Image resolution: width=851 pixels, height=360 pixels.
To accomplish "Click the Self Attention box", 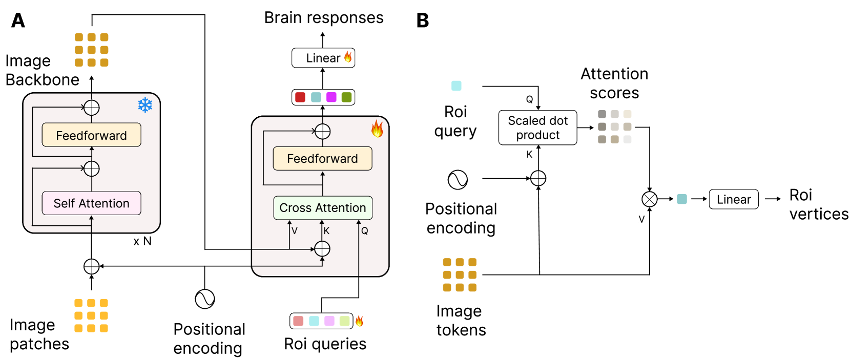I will click(x=91, y=203).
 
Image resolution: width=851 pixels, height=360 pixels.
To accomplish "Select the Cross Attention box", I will click(x=322, y=208).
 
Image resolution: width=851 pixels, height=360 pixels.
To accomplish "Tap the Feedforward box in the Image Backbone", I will click(x=91, y=135).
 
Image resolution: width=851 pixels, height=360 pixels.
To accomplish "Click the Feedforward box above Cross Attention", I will click(x=322, y=159).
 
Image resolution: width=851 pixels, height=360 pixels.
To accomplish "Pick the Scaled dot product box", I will click(x=537, y=128).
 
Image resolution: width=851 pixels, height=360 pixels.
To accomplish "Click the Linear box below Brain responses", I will click(x=323, y=58).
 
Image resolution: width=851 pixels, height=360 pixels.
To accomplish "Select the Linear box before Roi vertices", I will click(x=733, y=199).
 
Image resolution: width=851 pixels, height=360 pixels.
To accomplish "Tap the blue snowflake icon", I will click(x=145, y=105).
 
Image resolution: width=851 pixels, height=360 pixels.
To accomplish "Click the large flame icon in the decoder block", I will click(x=377, y=129).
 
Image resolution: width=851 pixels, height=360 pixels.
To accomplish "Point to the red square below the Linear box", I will click(x=300, y=97).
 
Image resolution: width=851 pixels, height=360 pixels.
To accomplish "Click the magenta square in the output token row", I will click(x=331, y=97).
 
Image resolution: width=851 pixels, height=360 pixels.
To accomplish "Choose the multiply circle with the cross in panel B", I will click(x=649, y=199).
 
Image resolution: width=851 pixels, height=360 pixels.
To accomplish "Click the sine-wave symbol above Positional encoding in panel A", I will click(x=204, y=299).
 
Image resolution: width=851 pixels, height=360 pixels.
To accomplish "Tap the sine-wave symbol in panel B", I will click(x=458, y=180).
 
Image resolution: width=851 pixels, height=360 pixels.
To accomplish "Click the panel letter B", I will click(x=423, y=20).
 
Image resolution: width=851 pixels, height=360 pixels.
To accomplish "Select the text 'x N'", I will click(x=142, y=241).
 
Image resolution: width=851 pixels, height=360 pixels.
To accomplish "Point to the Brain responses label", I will click(x=323, y=17).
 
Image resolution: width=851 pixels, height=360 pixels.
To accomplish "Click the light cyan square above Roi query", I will click(x=456, y=86).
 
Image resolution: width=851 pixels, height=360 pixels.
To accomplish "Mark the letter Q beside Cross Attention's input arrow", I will click(x=364, y=231).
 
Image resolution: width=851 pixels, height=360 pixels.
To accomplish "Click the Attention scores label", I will click(x=614, y=83).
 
